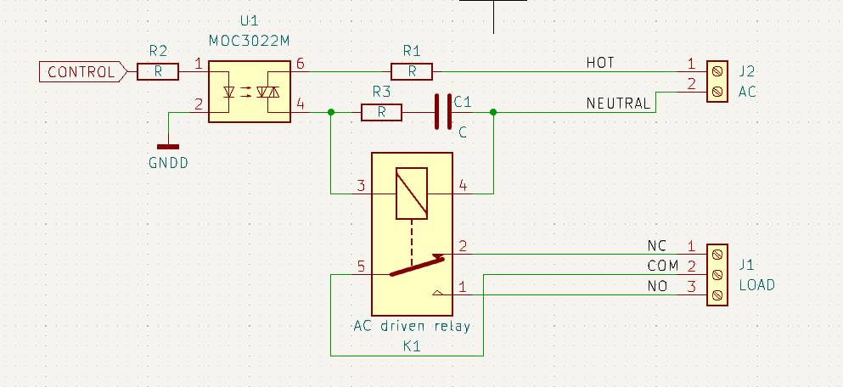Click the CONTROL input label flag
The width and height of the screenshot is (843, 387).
[83, 71]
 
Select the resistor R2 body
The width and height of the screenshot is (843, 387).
[158, 71]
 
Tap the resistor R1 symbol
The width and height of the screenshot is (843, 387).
[411, 71]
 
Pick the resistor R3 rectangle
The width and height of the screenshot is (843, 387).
[381, 112]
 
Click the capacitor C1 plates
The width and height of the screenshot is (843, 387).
[443, 112]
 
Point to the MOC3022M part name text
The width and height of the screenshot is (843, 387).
[249, 41]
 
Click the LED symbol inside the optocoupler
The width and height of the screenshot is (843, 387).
[229, 93]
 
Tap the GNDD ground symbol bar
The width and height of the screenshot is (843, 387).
[168, 146]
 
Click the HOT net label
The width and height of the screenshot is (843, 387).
[600, 63]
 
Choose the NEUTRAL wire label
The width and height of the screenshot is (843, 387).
[618, 104]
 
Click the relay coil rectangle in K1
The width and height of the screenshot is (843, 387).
[412, 193]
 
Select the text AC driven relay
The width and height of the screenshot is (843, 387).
[412, 326]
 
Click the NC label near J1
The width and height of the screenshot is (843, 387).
[657, 246]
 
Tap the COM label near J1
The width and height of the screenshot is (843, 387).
[662, 266]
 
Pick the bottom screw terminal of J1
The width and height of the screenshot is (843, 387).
[717, 295]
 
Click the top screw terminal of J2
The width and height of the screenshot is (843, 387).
[717, 71]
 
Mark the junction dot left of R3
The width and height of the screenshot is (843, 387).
[330, 112]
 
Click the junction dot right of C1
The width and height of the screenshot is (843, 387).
[493, 112]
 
